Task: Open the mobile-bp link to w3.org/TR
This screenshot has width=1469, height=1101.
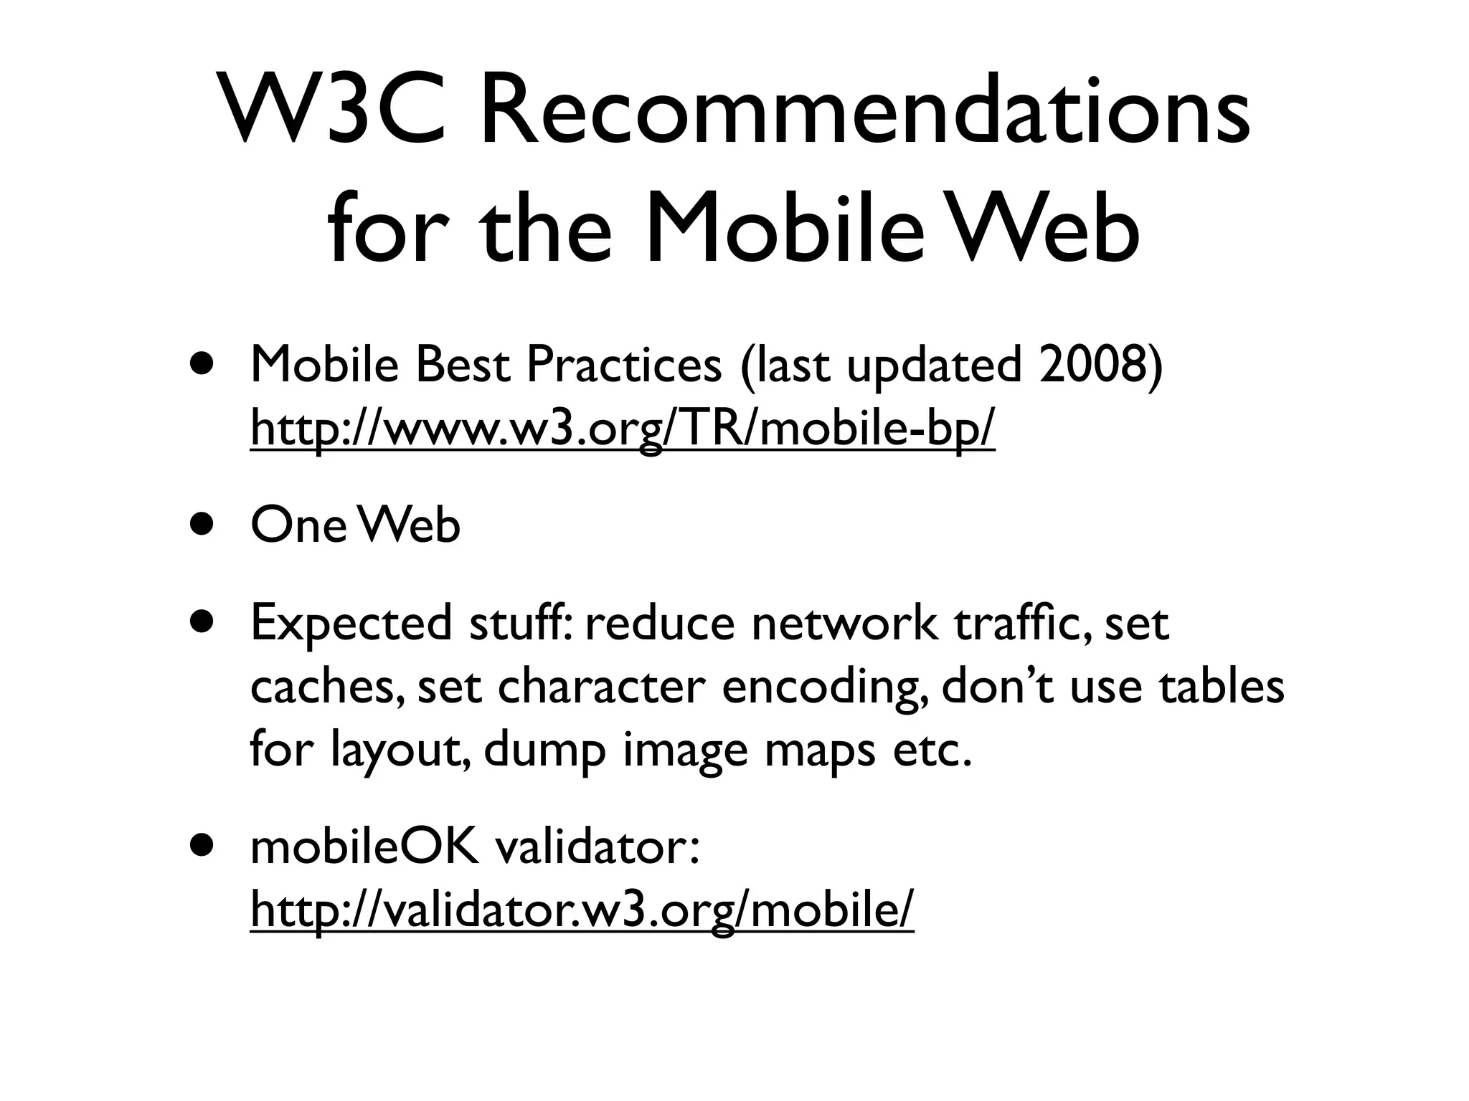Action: tap(623, 428)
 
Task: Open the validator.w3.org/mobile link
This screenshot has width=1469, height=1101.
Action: tap(582, 910)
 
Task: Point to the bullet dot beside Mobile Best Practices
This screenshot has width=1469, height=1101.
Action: tap(202, 363)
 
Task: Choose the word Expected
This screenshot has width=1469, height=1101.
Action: tap(351, 623)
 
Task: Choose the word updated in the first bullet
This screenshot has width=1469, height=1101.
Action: tap(933, 366)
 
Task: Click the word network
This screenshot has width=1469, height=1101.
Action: tap(844, 623)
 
